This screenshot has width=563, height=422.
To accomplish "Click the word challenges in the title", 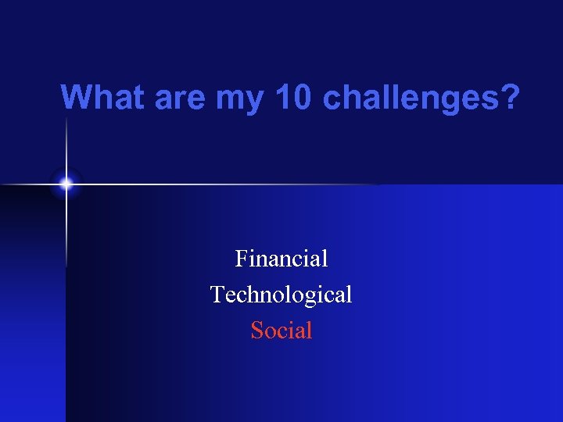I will (411, 98).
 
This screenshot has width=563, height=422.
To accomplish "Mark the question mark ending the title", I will (509, 98).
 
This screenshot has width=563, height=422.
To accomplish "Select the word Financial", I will (281, 258).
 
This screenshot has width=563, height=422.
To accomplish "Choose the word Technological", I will (281, 295).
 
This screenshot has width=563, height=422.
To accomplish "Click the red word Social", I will (281, 331).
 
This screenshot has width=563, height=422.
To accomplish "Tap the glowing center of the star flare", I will (66, 184).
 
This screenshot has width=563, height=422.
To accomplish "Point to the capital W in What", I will (77, 98).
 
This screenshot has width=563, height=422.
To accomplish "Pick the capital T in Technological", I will (217, 295).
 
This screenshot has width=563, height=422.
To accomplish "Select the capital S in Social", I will (256, 331).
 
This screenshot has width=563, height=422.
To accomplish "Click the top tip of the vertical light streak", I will (66, 117).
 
